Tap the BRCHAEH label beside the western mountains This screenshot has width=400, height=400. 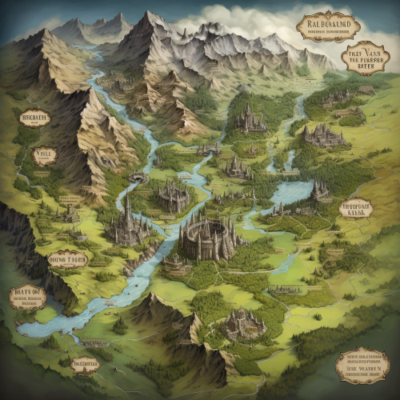(35, 118)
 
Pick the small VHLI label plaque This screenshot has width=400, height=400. (44, 155)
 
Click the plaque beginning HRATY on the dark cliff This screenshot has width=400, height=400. (27, 298)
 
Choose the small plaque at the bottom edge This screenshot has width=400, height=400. (85, 365)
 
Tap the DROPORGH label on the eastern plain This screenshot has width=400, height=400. (355, 209)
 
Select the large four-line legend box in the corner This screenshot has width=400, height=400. (362, 365)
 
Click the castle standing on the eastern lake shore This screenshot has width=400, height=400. (321, 190)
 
